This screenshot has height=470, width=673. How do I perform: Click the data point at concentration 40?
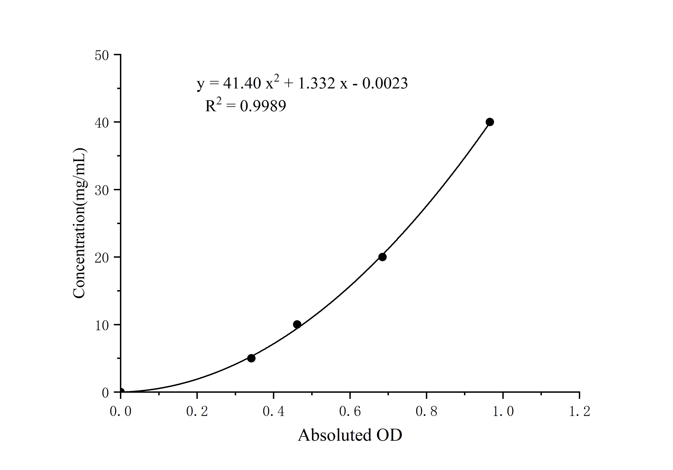490,122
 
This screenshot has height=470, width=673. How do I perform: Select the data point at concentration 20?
382,257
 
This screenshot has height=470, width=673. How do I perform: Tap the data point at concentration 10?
297,324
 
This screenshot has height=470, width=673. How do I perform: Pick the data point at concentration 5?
251,358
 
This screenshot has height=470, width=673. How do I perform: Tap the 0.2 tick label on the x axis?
197,411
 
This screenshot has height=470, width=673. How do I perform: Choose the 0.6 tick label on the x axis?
350,411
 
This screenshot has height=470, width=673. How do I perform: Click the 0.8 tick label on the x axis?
426,411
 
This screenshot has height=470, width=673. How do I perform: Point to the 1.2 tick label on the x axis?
579,411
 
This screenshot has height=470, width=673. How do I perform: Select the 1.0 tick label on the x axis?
503,411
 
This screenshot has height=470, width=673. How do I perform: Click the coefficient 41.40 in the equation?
242,84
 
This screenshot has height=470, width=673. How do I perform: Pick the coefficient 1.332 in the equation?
316,84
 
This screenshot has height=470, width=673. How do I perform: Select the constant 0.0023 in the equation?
385,84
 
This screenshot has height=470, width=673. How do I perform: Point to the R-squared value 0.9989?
263,106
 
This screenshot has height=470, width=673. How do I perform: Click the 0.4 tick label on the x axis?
273,411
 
